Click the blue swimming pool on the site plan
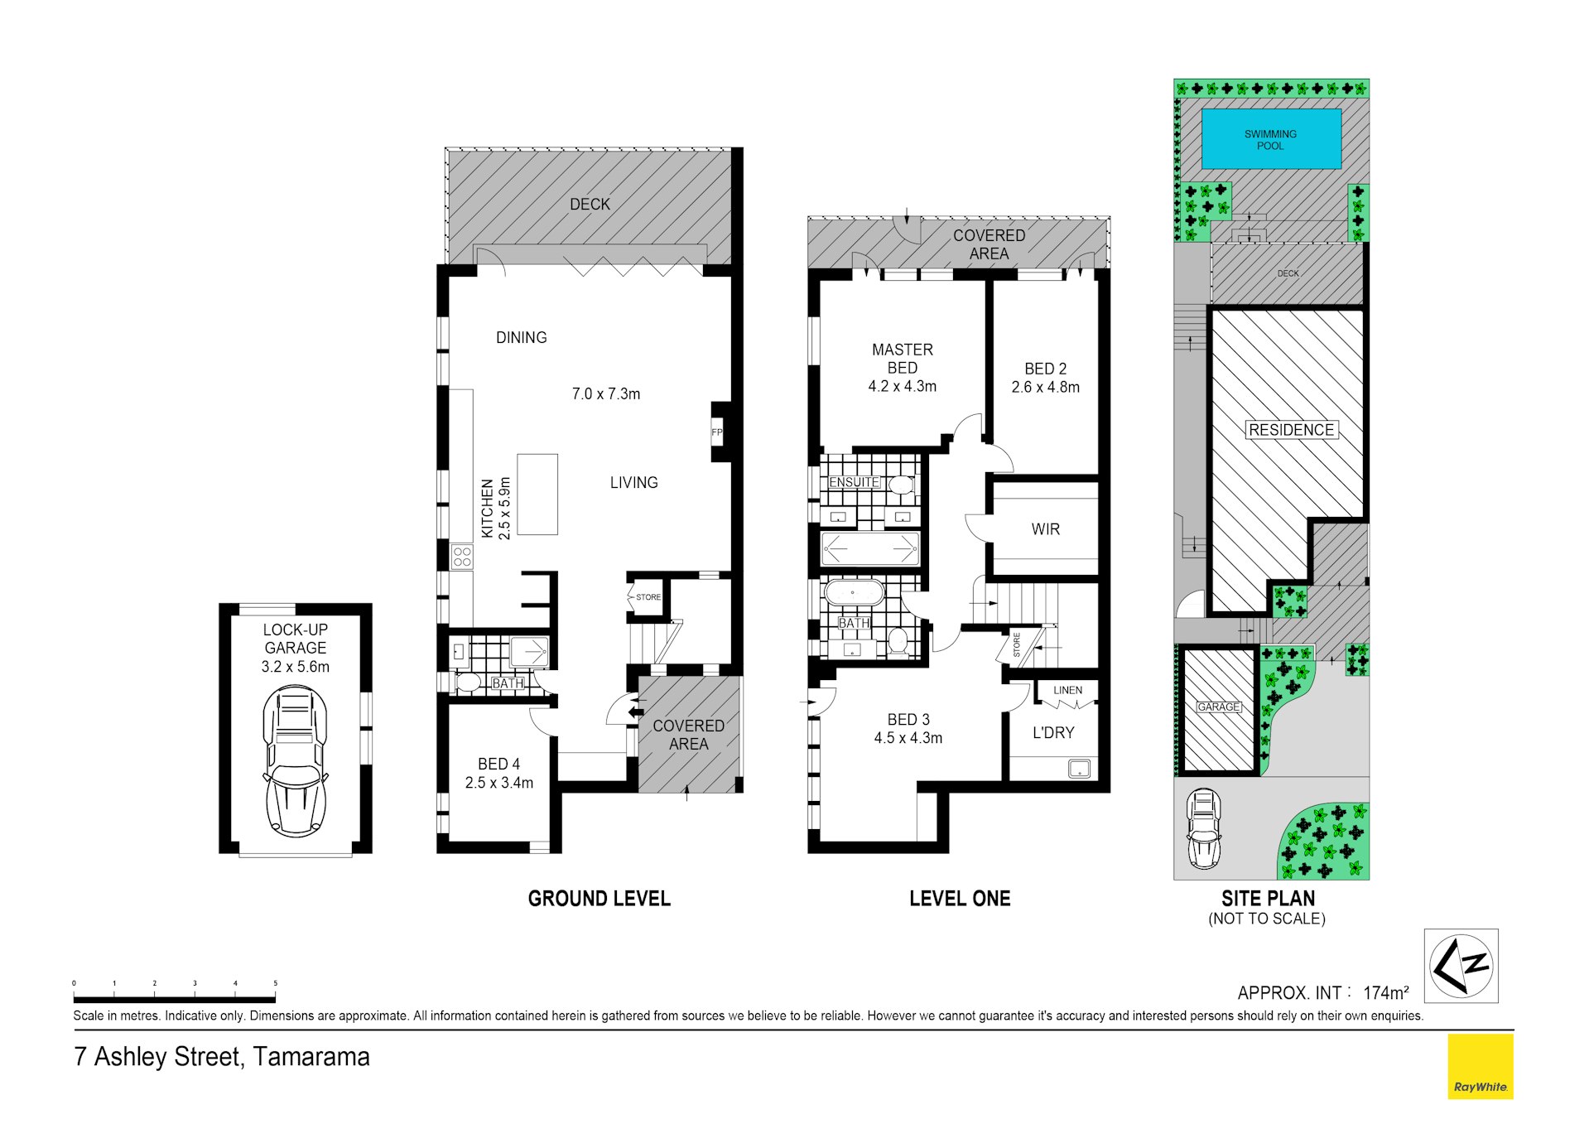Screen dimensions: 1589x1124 [1271, 138]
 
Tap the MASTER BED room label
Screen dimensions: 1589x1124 [902, 359]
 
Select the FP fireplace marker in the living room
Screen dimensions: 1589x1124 [717, 432]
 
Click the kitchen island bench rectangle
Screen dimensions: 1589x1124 [537, 494]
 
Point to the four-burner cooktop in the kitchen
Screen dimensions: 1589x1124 [462, 556]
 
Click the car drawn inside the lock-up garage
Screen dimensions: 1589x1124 [295, 761]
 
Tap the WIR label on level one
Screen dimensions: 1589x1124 [1045, 529]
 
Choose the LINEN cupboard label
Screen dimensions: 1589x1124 [1067, 690]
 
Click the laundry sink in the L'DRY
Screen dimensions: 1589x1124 [1080, 769]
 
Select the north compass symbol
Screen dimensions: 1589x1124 [1461, 965]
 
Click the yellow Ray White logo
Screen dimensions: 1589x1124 [1481, 1067]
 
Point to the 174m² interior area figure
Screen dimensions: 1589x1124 [1386, 992]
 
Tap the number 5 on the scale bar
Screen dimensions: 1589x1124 [276, 983]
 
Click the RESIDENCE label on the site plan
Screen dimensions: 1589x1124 [1292, 430]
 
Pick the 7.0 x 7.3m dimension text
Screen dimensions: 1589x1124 [606, 394]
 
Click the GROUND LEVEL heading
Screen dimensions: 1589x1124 [599, 899]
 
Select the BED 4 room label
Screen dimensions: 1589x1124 [498, 764]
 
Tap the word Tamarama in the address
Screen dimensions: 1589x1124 [311, 1057]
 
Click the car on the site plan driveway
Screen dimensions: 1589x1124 [1204, 828]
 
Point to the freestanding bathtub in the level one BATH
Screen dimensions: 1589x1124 [853, 593]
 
